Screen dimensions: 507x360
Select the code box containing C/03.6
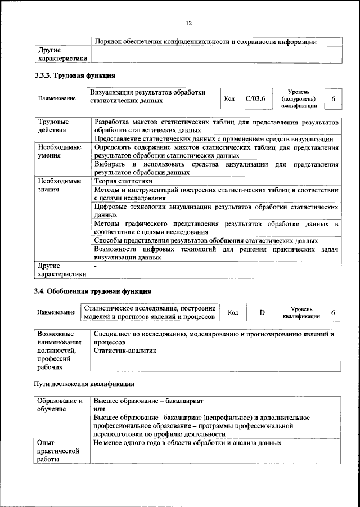pos(255,99)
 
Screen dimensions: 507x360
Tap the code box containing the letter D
pos(262,312)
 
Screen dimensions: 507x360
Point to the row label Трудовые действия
pos(54,125)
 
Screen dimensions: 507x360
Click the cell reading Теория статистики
pos(123,181)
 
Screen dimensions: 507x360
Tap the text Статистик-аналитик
pos(125,350)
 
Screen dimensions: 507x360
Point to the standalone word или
pos(100,409)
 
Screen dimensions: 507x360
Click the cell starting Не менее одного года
pos(187,443)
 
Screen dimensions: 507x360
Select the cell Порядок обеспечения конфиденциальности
pos(205,41)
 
